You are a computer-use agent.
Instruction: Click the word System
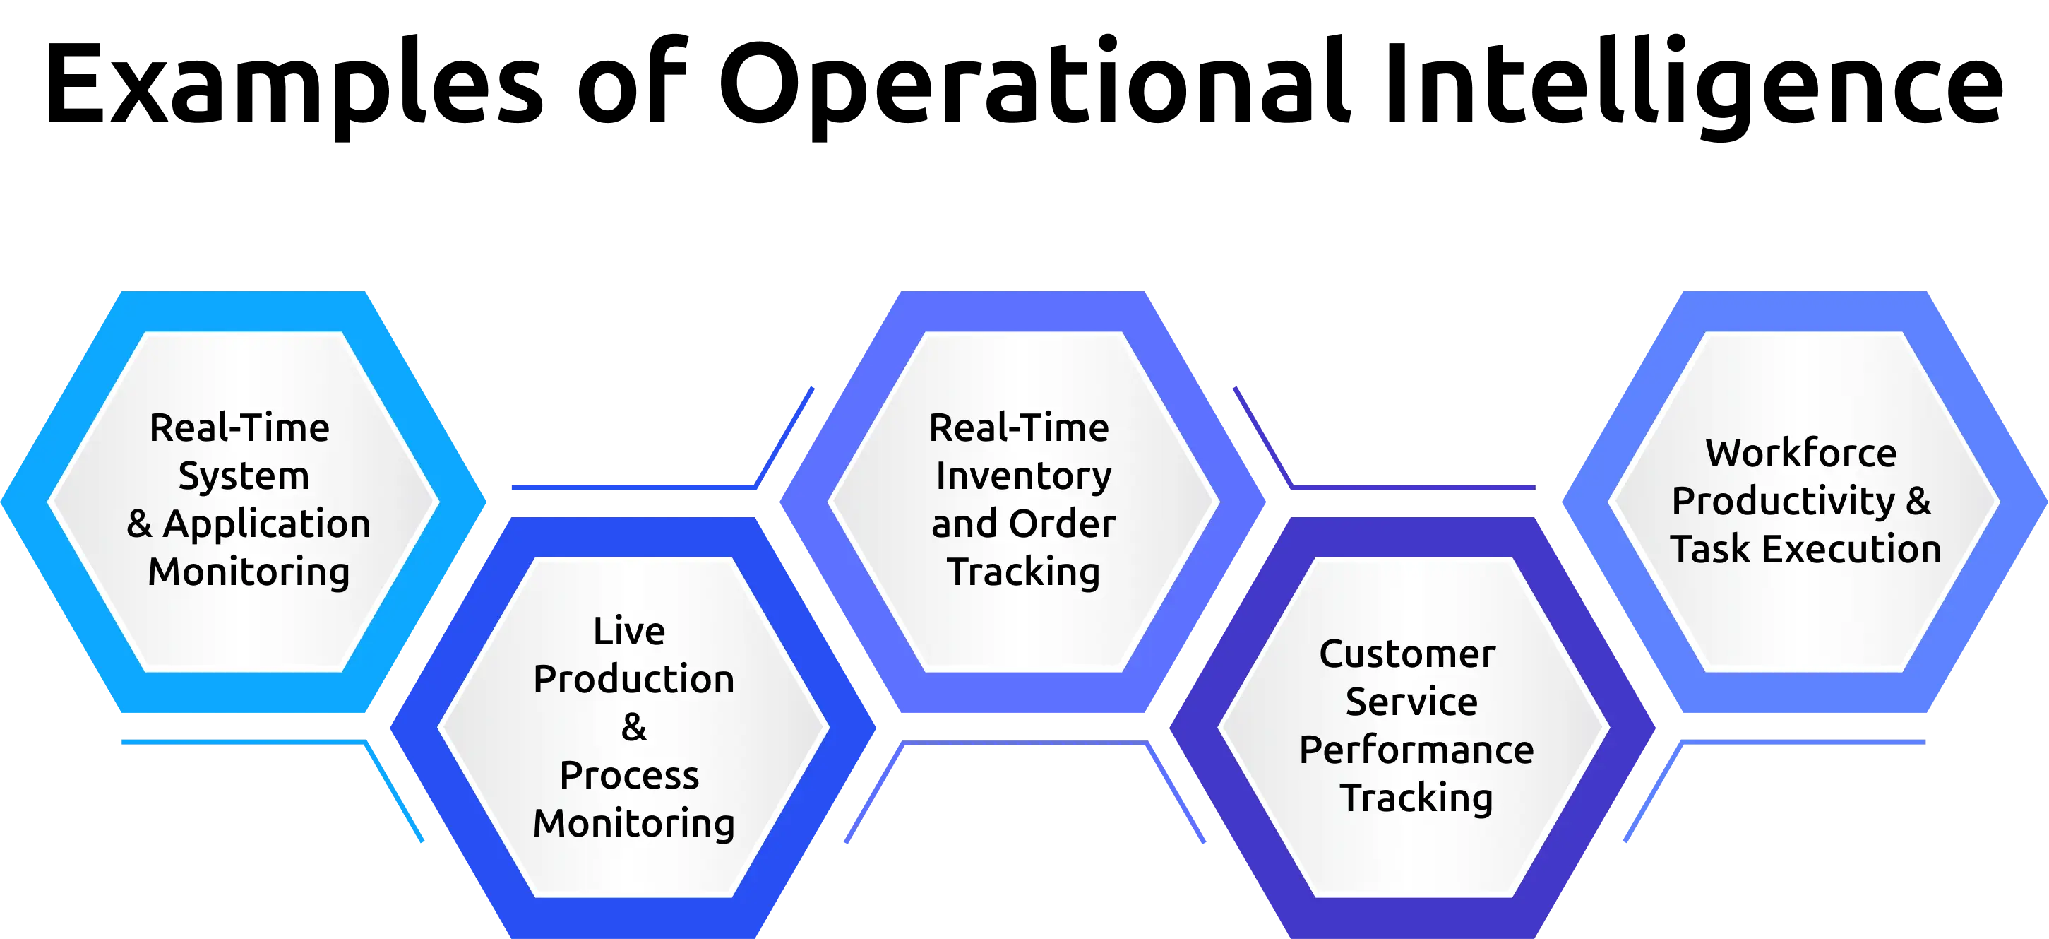pyautogui.click(x=244, y=477)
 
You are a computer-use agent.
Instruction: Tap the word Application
pyautogui.click(x=268, y=524)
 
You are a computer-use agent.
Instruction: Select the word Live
pyautogui.click(x=629, y=631)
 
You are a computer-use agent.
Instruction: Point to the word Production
pyautogui.click(x=633, y=680)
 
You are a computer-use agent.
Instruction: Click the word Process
pyautogui.click(x=629, y=776)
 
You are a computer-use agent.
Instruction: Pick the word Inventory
pyautogui.click(x=1023, y=477)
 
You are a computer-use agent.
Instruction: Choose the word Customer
pyautogui.click(x=1407, y=654)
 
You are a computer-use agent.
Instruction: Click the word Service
pyautogui.click(x=1411, y=702)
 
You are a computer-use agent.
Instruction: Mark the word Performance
pyautogui.click(x=1416, y=750)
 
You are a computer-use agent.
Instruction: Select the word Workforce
pyautogui.click(x=1801, y=454)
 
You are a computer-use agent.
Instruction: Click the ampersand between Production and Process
pyautogui.click(x=634, y=727)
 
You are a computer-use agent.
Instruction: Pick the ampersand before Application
pyautogui.click(x=139, y=524)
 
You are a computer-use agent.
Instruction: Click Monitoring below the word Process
pyautogui.click(x=633, y=824)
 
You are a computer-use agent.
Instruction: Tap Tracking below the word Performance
pyautogui.click(x=1416, y=798)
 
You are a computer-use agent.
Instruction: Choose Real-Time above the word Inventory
pyautogui.click(x=1019, y=428)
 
